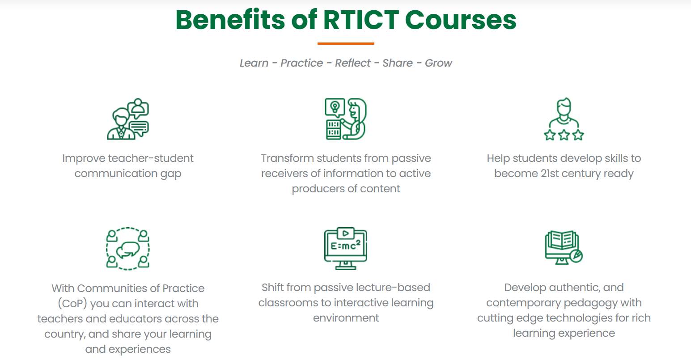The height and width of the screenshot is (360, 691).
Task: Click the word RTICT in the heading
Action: (x=361, y=20)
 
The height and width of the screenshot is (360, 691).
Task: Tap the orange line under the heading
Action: (x=346, y=43)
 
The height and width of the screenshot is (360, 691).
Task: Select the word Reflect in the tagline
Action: (x=352, y=63)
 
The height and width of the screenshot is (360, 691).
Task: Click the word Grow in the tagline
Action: (x=438, y=63)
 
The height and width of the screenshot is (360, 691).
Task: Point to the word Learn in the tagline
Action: (x=254, y=63)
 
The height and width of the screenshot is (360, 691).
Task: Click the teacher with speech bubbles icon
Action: (x=128, y=119)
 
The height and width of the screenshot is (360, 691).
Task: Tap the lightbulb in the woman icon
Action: (x=335, y=107)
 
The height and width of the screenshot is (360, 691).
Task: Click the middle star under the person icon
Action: (x=564, y=135)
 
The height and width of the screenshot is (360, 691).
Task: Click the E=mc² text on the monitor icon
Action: (x=345, y=246)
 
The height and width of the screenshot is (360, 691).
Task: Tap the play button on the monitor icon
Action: (x=346, y=233)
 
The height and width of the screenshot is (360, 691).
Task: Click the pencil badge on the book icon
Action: (x=576, y=256)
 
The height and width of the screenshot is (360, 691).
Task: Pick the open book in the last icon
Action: (x=562, y=240)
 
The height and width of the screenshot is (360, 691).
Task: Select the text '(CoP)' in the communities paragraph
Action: (x=72, y=304)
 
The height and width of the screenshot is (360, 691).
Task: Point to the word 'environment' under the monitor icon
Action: (x=346, y=318)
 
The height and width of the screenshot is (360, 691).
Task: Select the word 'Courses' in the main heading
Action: (x=461, y=20)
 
